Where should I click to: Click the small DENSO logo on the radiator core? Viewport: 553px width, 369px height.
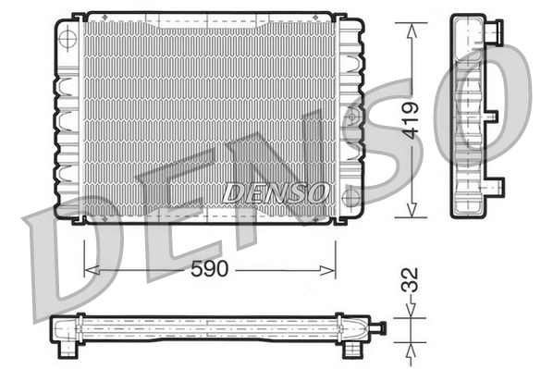(x=275, y=191)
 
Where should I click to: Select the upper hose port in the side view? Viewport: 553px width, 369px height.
(x=494, y=34)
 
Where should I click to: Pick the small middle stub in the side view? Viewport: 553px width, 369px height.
(x=498, y=116)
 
